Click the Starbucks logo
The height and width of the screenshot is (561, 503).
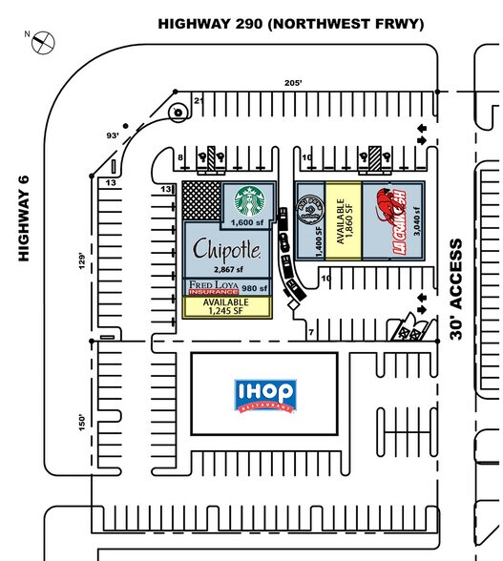tap(250, 200)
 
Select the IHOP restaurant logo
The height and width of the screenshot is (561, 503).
tap(263, 393)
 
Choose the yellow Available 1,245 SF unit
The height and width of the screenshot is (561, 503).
tap(227, 307)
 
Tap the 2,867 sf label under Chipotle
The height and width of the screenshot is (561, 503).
tap(223, 270)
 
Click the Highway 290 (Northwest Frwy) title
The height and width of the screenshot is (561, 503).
tap(290, 23)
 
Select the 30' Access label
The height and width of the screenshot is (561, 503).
tap(457, 289)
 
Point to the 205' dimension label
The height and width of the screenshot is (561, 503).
tap(292, 83)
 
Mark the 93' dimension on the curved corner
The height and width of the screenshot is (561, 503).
tap(113, 135)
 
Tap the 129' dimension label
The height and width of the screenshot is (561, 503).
tap(84, 260)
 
